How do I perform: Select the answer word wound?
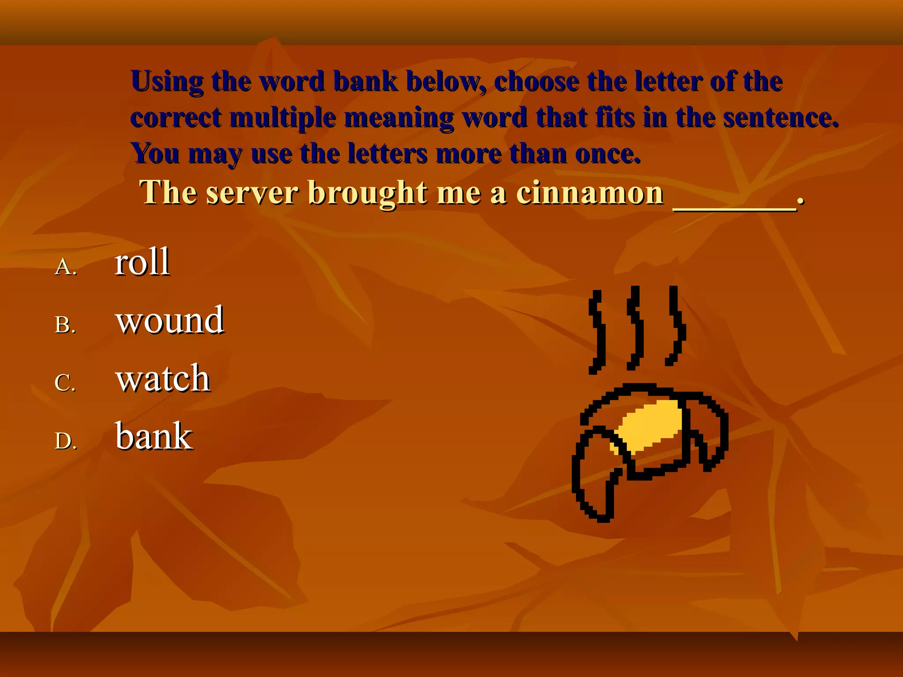(170, 320)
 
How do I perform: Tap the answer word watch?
(163, 378)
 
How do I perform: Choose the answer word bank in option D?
(154, 436)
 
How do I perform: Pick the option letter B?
(65, 325)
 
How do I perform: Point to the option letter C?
(65, 383)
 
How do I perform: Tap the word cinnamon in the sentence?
(590, 193)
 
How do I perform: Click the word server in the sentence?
(252, 193)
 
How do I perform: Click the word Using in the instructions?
(167, 82)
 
